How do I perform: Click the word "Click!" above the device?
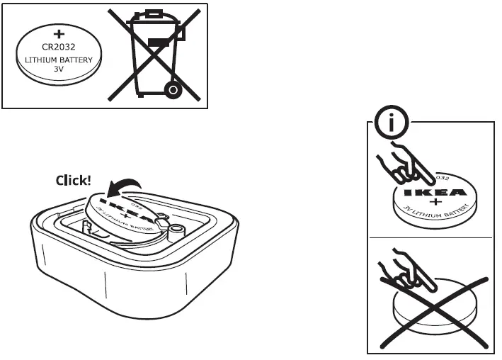(73, 181)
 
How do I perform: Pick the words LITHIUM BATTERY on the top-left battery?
(59, 61)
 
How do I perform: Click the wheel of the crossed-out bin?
(171, 89)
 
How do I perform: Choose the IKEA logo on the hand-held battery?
(433, 191)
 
